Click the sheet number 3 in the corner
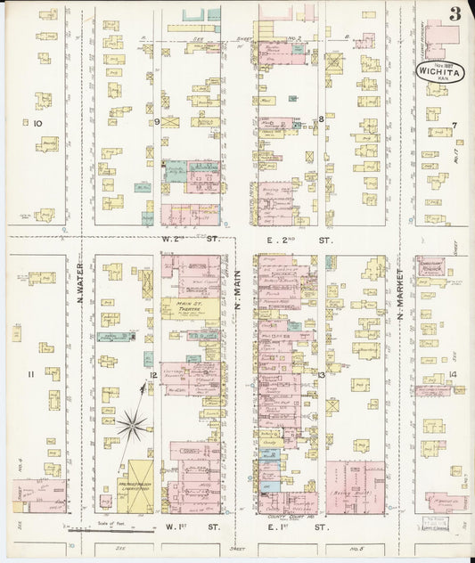pyautogui.click(x=455, y=13)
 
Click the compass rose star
pyautogui.click(x=132, y=424)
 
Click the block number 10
pyautogui.click(x=37, y=123)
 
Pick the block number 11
pyautogui.click(x=30, y=374)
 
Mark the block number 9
pyautogui.click(x=157, y=121)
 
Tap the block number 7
pyautogui.click(x=454, y=125)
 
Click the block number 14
pyautogui.click(x=453, y=374)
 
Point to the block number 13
pyautogui.click(x=320, y=375)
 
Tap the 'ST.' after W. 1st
pyautogui.click(x=213, y=526)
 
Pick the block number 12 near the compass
pyautogui.click(x=153, y=375)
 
